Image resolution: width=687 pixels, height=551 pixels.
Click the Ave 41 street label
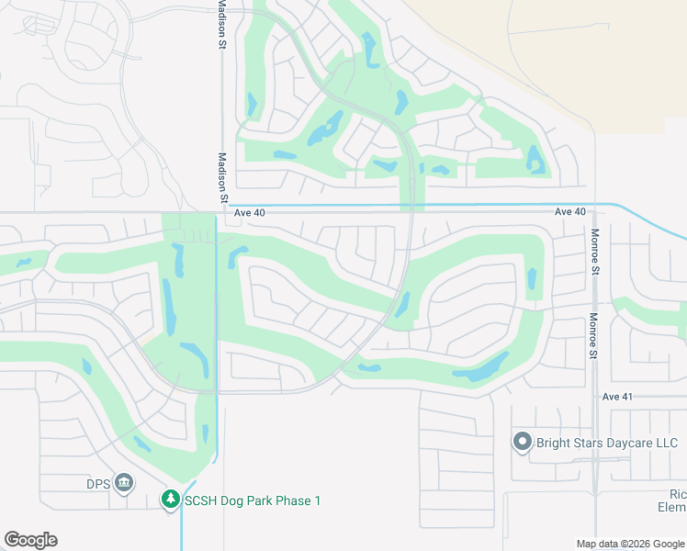(x=618, y=397)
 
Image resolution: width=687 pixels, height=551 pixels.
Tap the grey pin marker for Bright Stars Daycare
(x=522, y=443)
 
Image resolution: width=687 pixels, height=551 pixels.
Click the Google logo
(x=30, y=540)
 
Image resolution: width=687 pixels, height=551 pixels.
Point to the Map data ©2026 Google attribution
(x=630, y=544)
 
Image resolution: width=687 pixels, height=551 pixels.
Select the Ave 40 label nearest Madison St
(x=250, y=212)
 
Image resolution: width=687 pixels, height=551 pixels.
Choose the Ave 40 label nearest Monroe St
(x=570, y=212)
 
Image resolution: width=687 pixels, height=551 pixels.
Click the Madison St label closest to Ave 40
(x=222, y=178)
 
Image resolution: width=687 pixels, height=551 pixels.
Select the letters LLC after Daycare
(x=665, y=444)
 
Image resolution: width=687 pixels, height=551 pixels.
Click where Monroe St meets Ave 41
(x=595, y=397)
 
